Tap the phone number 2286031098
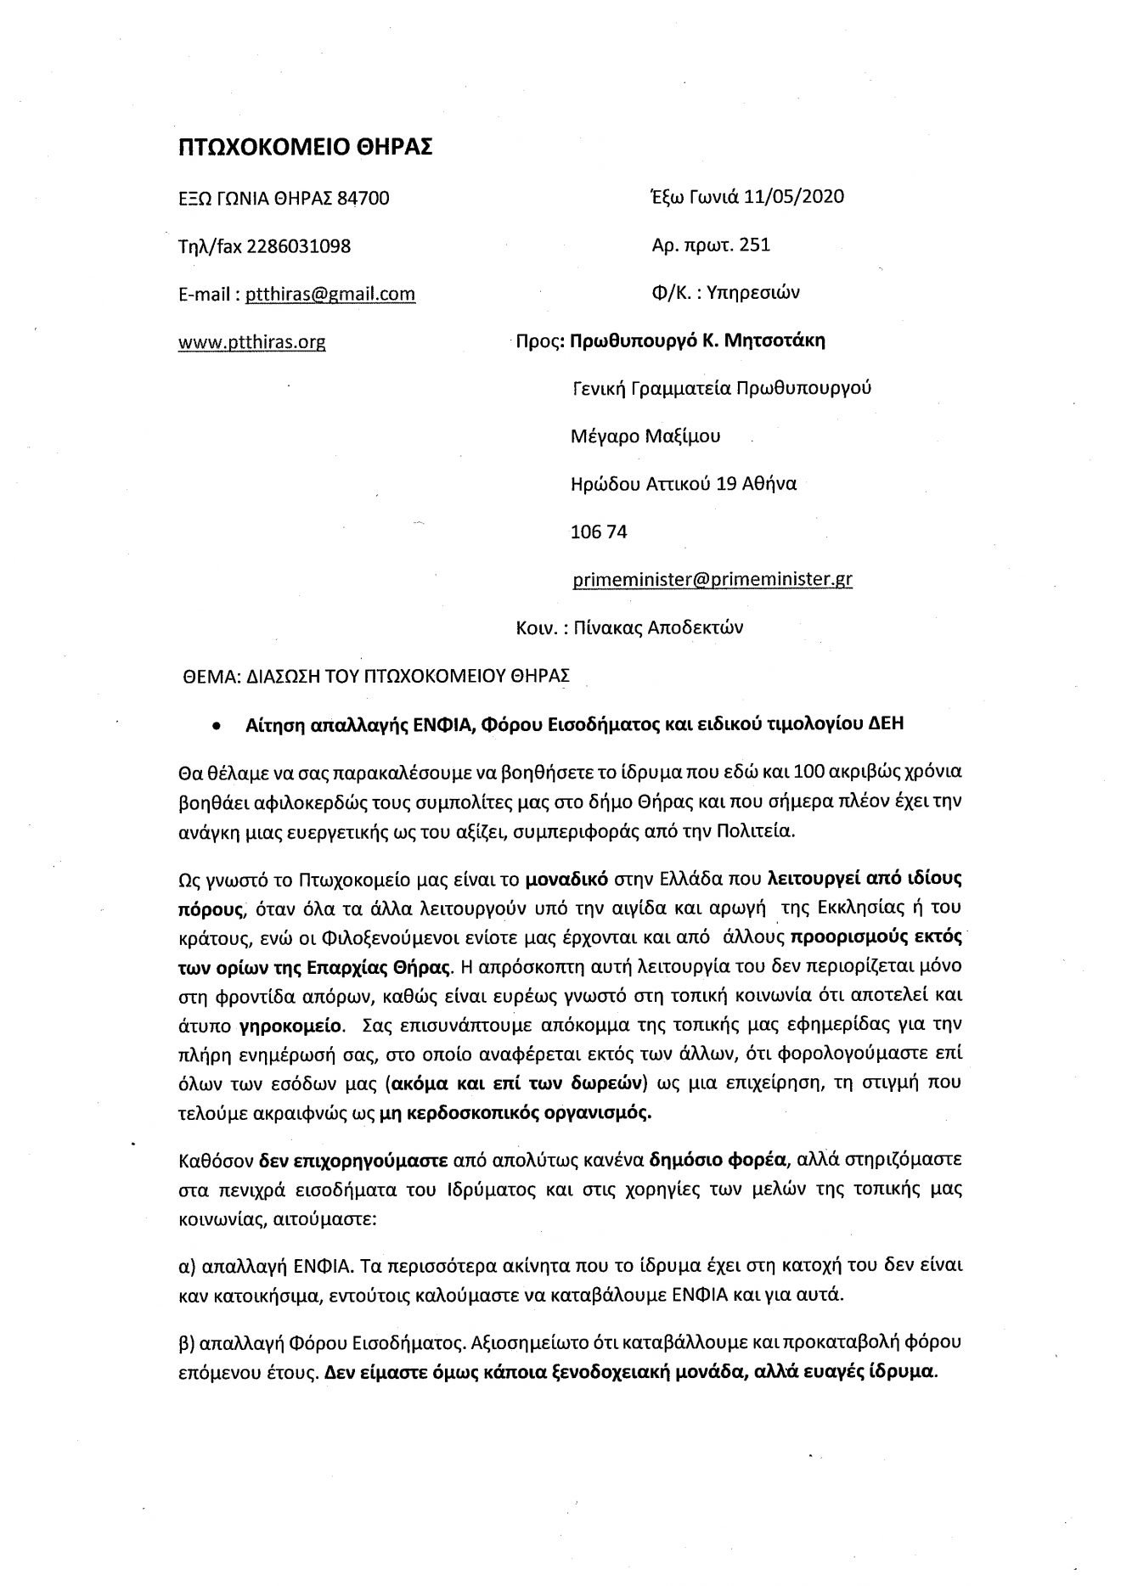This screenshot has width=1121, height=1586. (298, 246)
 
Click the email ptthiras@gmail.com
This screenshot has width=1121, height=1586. (330, 294)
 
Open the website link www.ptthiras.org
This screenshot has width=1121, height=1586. (251, 342)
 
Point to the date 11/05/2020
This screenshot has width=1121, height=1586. (793, 197)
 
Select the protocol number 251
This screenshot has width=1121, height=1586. (755, 245)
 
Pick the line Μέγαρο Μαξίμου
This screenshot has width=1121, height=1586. (645, 436)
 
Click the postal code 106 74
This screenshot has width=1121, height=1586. (600, 531)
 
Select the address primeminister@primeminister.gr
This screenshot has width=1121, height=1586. (713, 579)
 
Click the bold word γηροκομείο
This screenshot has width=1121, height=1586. (293, 1024)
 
